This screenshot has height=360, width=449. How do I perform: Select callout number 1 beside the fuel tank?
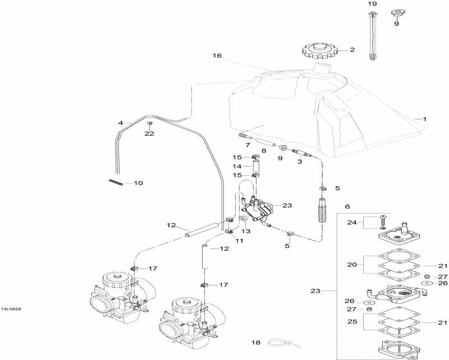pyautogui.click(x=424, y=119)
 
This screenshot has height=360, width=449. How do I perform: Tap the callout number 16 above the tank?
pyautogui.click(x=217, y=56)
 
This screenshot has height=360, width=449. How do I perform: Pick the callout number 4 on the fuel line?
pyautogui.click(x=120, y=122)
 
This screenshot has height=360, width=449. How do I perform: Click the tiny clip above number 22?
pyautogui.click(x=150, y=123)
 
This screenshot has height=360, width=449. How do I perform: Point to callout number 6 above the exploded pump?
pyautogui.click(x=347, y=207)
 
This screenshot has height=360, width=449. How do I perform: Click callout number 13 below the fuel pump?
pyautogui.click(x=246, y=230)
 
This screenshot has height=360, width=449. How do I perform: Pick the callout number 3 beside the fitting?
pyautogui.click(x=299, y=161)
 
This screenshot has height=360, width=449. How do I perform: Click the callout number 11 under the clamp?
pyautogui.click(x=239, y=241)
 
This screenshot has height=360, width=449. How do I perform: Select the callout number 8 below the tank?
pyautogui.click(x=263, y=151)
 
